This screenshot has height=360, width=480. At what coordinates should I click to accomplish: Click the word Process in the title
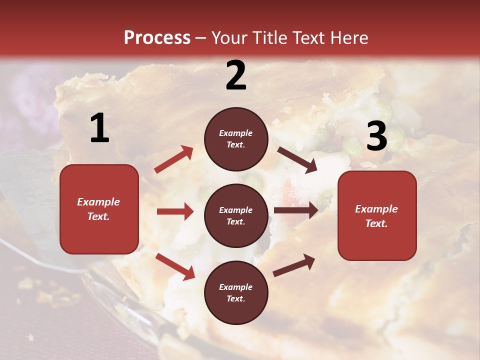coord(157,38)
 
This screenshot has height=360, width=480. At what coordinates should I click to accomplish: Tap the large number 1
coord(99,128)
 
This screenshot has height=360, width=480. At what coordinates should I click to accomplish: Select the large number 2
coord(236,75)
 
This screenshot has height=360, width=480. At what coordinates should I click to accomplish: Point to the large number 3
coord(376,136)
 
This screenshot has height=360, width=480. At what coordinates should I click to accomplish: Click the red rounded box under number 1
coord(99,209)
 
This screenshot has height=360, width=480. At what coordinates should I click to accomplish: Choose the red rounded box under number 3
coord(377,215)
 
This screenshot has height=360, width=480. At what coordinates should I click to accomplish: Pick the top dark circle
coord(236,139)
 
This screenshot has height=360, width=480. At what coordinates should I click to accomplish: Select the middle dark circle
coord(236,215)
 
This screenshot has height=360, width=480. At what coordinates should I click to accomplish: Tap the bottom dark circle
coord(236,292)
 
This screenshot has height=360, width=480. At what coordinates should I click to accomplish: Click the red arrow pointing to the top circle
coord(173,159)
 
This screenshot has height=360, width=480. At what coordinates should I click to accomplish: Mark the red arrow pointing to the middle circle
coord(175,211)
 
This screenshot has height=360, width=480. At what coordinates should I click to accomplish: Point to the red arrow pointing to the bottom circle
coord(175,266)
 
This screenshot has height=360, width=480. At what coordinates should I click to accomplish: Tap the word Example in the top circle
coord(236,133)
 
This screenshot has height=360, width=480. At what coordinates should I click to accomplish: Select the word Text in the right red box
coord(376,223)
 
